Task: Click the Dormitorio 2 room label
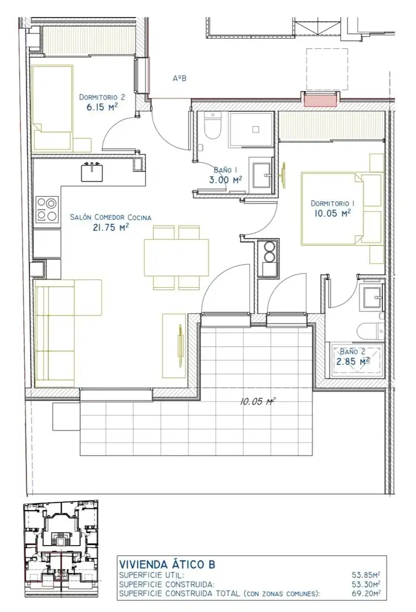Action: click(102, 97)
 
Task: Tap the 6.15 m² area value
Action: click(102, 107)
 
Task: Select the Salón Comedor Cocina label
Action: click(110, 218)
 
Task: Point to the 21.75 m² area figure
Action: click(110, 228)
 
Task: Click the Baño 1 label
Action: click(225, 170)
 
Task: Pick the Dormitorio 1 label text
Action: click(333, 203)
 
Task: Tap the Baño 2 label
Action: click(353, 352)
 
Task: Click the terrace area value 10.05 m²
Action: click(258, 401)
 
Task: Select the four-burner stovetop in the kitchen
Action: click(47, 209)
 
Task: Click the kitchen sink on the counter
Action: click(92, 172)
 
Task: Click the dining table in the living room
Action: click(176, 258)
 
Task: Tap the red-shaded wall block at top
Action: click(320, 100)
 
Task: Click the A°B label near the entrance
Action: click(179, 78)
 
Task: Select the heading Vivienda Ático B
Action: click(167, 564)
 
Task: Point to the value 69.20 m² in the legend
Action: click(366, 594)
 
